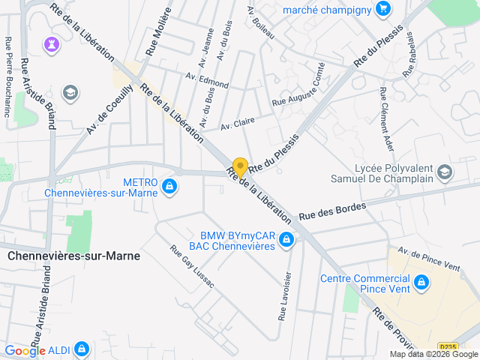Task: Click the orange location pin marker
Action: (240, 166)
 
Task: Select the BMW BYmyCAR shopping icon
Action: (286, 240)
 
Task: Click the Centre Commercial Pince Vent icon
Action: (421, 282)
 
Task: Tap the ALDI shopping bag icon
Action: (82, 349)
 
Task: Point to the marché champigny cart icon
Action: (383, 9)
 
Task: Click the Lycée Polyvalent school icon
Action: (445, 173)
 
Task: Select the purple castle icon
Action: (51, 43)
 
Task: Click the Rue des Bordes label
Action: (332, 210)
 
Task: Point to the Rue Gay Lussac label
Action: (191, 267)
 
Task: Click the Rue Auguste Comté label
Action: (298, 94)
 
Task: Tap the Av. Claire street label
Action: (237, 122)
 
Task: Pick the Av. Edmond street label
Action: (207, 80)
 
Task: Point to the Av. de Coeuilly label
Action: (109, 109)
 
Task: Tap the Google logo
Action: (25, 350)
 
